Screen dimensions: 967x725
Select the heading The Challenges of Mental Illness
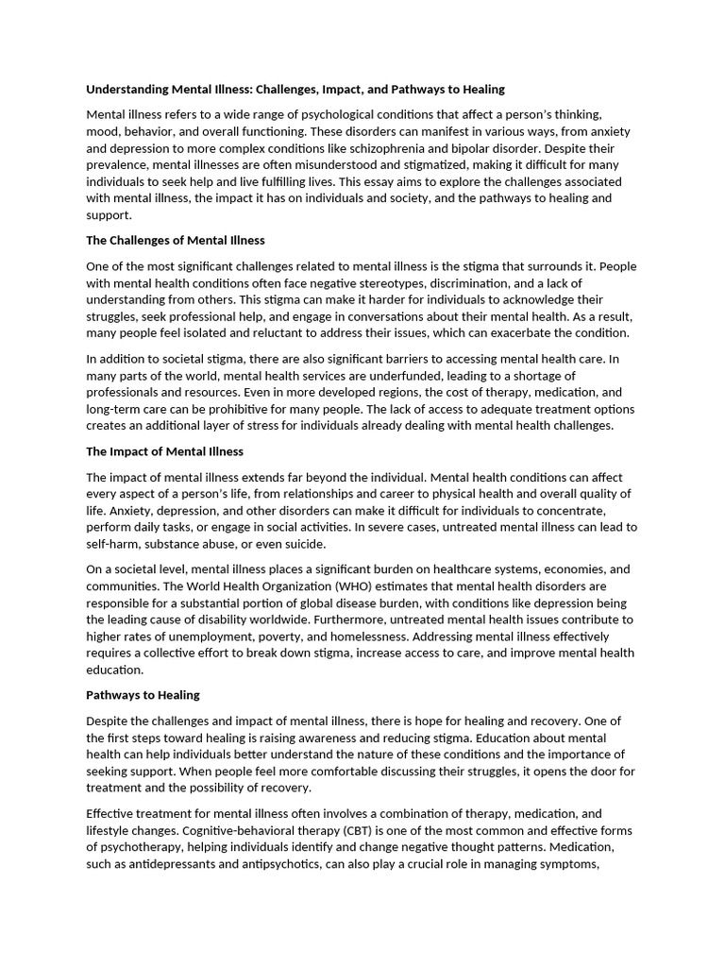click(x=176, y=241)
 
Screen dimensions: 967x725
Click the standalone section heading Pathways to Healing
click(x=143, y=695)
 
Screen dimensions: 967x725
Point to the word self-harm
click(x=114, y=544)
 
